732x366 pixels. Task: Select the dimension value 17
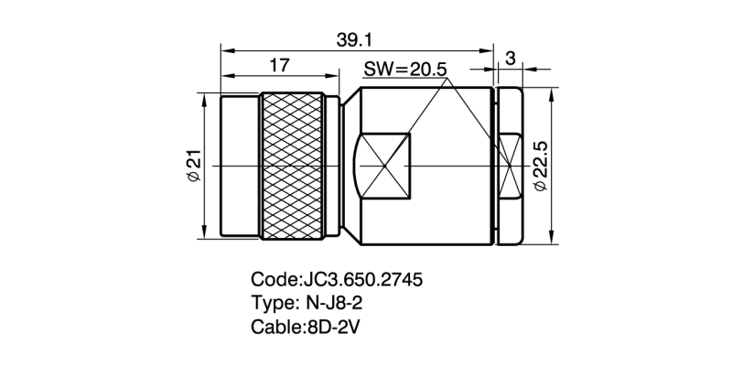point(280,64)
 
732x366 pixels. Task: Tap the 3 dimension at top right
point(510,58)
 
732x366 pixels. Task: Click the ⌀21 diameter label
point(194,166)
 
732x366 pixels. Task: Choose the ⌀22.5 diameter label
point(539,166)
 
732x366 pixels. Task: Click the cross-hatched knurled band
point(293,166)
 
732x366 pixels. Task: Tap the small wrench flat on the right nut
point(511,166)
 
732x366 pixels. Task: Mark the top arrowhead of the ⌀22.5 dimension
point(553,92)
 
